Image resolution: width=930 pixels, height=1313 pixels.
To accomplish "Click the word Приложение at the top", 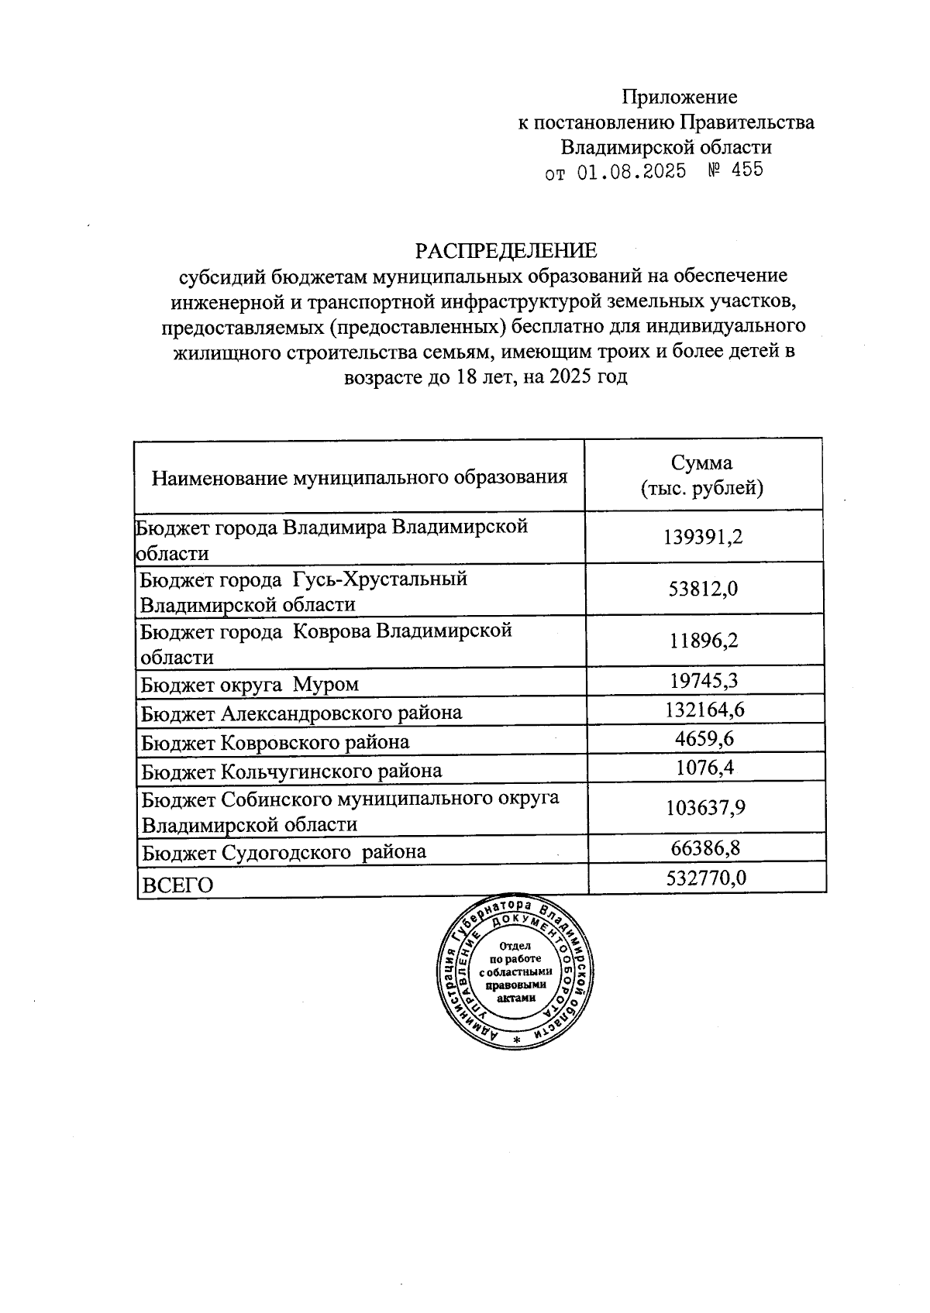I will pos(680,97).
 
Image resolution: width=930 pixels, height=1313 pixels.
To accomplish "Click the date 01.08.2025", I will pos(632,171).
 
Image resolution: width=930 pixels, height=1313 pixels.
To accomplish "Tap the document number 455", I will pos(747,170).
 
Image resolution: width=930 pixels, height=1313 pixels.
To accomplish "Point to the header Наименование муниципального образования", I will pos(359,476).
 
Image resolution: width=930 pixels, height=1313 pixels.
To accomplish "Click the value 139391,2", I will pos(703,537).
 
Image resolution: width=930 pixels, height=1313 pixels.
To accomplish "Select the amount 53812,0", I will pos(703,589).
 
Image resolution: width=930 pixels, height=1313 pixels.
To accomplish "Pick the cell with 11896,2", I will pos(703,641).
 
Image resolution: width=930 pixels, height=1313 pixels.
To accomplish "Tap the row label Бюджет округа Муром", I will pos(250,685).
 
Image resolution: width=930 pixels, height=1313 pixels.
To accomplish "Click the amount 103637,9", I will pos(705,808).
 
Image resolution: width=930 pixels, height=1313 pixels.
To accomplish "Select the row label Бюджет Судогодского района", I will pos(284,853).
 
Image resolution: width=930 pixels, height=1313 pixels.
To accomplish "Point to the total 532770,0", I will pos(706,878).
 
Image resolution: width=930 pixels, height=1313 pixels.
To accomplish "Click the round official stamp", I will pos(516,971).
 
